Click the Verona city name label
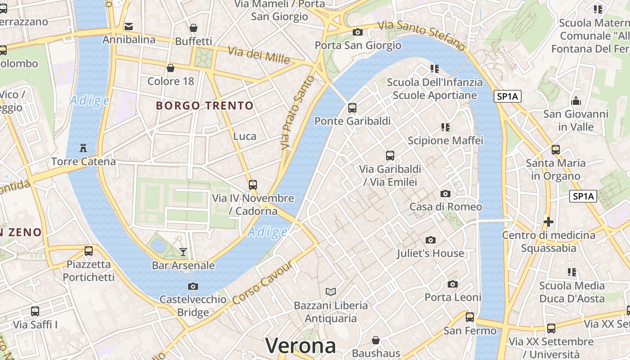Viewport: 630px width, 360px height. tap(300, 346)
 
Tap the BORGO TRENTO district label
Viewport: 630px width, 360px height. tap(205, 106)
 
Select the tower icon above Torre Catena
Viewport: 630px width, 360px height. tap(83, 148)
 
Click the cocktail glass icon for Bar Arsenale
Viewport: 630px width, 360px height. tap(183, 252)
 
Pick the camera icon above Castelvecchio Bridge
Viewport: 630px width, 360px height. tap(193, 286)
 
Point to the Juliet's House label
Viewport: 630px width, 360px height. tap(430, 253)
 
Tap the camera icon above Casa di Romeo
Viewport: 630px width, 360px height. tap(445, 193)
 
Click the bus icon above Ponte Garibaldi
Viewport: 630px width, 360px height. tap(352, 108)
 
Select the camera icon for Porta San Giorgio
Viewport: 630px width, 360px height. tap(358, 32)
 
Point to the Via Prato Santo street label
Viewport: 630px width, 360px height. tap(297, 112)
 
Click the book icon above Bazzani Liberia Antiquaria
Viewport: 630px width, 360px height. tap(331, 292)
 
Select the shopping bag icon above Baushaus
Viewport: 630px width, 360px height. tap(376, 340)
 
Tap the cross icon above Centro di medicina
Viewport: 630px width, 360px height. tap(548, 221)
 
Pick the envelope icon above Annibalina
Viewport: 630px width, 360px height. tap(129, 27)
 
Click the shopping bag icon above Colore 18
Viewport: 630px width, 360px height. tap(171, 68)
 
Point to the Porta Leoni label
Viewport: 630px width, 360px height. tap(453, 297)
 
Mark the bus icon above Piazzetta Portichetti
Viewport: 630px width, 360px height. tap(89, 251)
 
